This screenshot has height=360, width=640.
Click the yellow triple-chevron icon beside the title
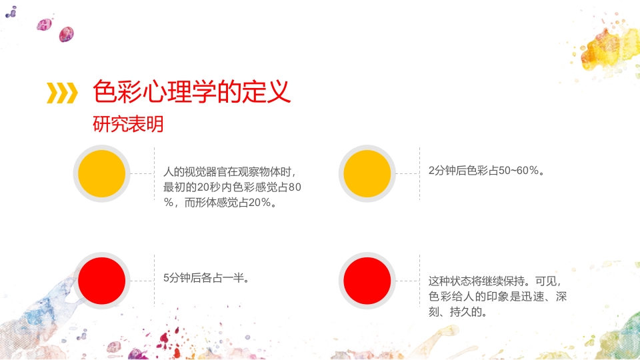tap(61, 93)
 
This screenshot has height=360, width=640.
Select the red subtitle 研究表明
tap(128, 125)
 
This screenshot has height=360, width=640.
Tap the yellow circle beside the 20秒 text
tap(102, 174)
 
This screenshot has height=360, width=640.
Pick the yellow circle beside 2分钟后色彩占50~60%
tap(367, 174)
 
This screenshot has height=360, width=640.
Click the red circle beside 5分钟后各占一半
tap(102, 281)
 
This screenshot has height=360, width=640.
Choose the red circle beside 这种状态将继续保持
tap(367, 281)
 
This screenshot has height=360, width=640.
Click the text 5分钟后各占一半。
tap(207, 278)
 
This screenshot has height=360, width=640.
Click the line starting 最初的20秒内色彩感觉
tap(232, 187)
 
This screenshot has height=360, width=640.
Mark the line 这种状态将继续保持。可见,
tap(496, 281)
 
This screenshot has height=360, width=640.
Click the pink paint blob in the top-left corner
tap(66, 33)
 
